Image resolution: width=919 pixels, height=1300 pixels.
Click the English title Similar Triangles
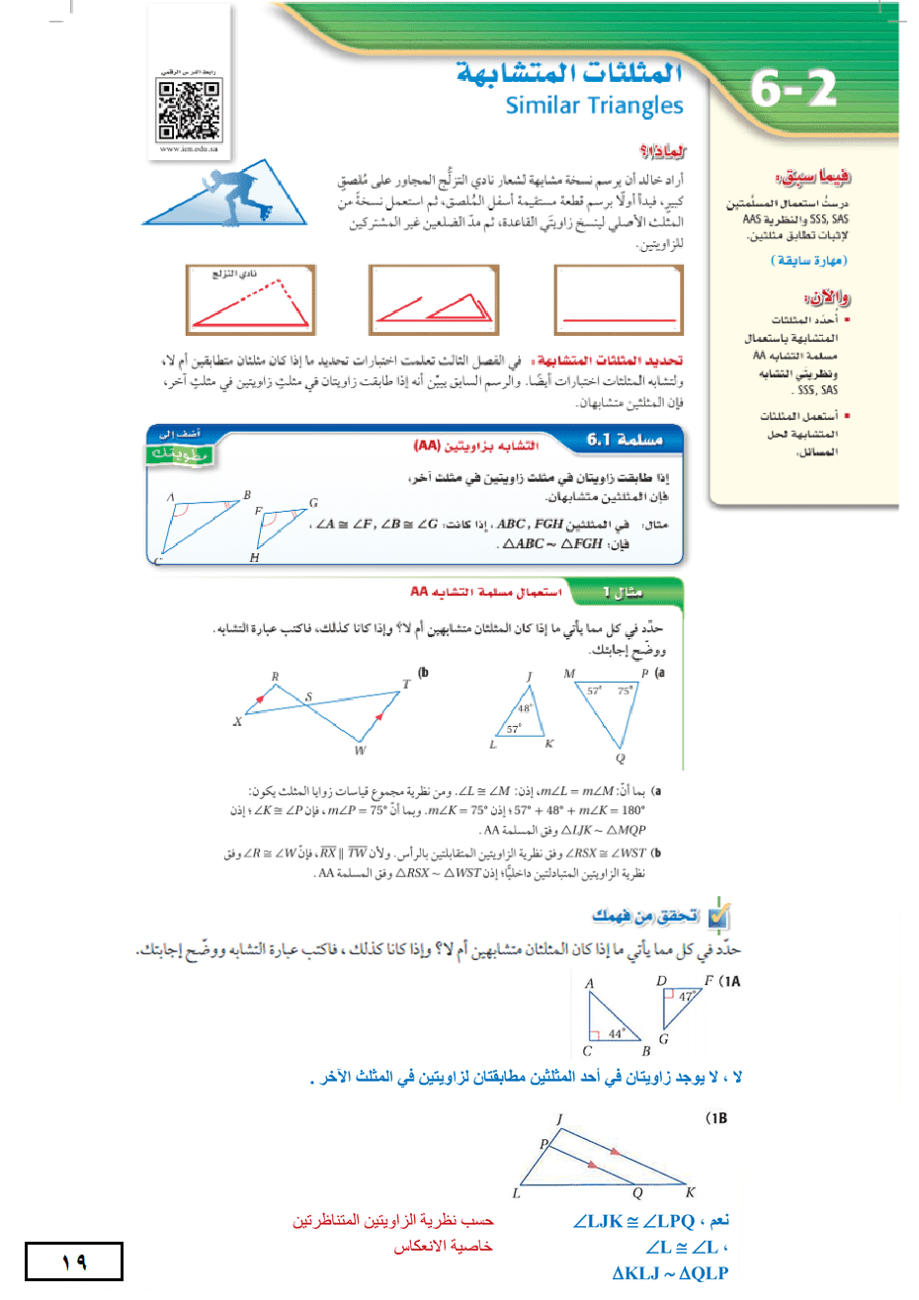click(x=594, y=106)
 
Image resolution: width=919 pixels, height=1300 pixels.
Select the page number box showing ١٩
click(x=74, y=1261)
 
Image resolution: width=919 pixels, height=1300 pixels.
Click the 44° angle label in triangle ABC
click(x=617, y=1033)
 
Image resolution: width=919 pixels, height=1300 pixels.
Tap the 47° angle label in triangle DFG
click(x=686, y=997)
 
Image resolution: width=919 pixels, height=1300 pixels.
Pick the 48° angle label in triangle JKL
click(x=526, y=707)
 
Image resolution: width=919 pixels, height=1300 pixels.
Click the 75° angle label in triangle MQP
click(x=624, y=691)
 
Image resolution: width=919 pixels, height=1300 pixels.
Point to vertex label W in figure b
click(x=360, y=750)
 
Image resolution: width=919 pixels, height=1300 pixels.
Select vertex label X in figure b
click(x=237, y=722)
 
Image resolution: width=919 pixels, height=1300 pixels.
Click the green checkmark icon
click(x=718, y=918)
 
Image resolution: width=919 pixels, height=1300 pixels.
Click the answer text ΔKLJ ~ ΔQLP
click(x=670, y=1273)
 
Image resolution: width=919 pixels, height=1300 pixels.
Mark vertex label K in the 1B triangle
click(x=690, y=1192)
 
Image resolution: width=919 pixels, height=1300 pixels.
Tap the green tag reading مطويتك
click(x=180, y=454)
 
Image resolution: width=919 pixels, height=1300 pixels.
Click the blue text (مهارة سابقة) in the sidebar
click(x=808, y=261)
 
